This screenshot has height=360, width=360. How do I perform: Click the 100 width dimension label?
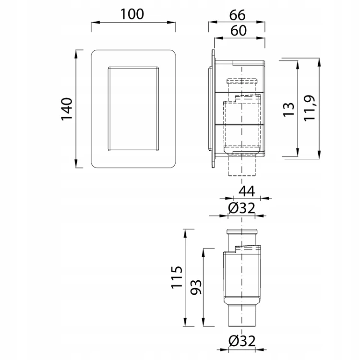[x=132, y=14]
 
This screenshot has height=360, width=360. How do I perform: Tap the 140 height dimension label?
[x=67, y=109]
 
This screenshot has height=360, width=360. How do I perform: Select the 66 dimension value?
[x=238, y=15]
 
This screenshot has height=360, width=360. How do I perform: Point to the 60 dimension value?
[x=239, y=31]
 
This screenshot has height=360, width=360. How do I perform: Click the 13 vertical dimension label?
[x=288, y=110]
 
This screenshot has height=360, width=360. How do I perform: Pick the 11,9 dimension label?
[x=310, y=108]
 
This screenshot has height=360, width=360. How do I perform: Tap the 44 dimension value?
[x=247, y=192]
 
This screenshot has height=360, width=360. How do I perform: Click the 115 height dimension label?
[x=177, y=277]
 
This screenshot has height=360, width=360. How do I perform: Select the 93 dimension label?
[x=196, y=287]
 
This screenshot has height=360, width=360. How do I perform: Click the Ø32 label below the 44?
[x=241, y=208]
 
